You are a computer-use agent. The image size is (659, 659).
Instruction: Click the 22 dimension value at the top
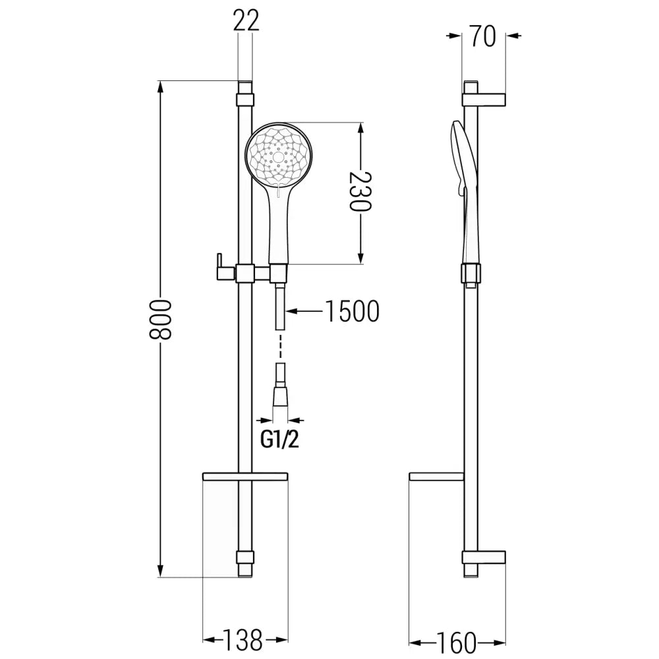(x=245, y=21)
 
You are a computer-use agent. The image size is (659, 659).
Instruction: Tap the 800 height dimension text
(x=160, y=320)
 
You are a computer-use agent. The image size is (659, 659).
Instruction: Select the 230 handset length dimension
(x=360, y=192)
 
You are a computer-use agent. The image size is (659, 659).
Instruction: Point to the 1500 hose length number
(x=353, y=311)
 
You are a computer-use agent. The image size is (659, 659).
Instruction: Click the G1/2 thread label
(x=279, y=440)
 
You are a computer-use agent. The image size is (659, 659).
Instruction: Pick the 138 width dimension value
(x=245, y=639)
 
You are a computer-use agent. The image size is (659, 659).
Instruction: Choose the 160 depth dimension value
(x=456, y=641)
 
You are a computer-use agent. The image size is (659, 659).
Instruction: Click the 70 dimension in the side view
(x=483, y=37)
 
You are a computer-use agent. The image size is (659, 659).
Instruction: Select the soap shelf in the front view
(x=245, y=476)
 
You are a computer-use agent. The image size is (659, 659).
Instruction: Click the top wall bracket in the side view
(x=484, y=100)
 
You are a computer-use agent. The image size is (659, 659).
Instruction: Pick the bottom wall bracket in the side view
(x=484, y=557)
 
